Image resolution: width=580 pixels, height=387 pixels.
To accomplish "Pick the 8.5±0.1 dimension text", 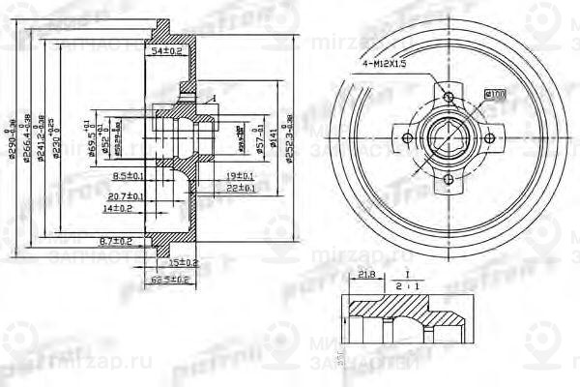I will click(129, 176).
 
